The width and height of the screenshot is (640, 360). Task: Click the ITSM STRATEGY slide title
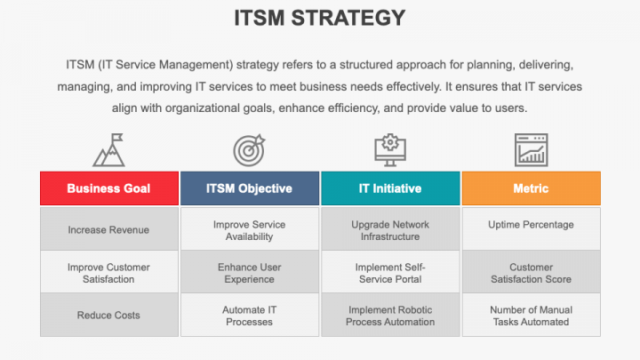pos(319,18)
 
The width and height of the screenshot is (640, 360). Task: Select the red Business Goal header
pos(108,188)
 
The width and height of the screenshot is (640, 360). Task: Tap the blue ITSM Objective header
pos(249,188)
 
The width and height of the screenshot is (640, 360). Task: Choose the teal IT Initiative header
pos(390,188)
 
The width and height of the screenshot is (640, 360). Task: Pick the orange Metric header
pos(531,188)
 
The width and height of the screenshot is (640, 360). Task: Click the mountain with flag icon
pos(108,150)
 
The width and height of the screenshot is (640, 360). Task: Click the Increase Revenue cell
pos(108,229)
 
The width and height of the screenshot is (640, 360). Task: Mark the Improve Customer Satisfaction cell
pos(108,273)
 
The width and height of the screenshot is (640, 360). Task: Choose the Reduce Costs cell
pos(108,316)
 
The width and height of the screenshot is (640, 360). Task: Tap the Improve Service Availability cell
pos(249,230)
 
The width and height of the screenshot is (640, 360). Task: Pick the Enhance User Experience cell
pos(249,273)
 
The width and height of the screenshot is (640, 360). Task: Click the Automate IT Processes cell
pos(249,316)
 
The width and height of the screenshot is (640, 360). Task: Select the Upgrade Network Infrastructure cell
pos(390,230)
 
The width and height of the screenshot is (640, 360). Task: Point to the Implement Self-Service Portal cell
pos(390,273)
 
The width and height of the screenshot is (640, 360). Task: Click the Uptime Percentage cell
pos(531,225)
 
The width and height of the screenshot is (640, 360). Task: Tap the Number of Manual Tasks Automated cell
pos(531,316)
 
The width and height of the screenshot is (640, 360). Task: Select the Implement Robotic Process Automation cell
pos(390,316)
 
